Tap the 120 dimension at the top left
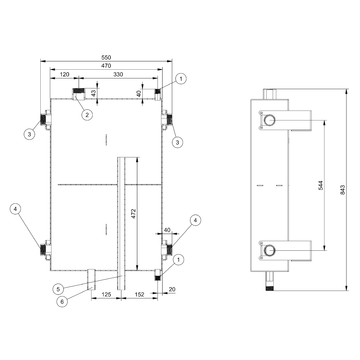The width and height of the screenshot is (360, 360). pyautogui.click(x=63, y=75)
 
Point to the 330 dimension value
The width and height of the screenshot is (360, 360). pyautogui.click(x=118, y=75)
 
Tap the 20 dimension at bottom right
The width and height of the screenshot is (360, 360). pyautogui.click(x=172, y=290)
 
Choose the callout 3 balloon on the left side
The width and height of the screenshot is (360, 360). pyautogui.click(x=30, y=133)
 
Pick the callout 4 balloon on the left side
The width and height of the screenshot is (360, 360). pyautogui.click(x=15, y=210)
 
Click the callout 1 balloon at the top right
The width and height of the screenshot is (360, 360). pyautogui.click(x=181, y=78)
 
